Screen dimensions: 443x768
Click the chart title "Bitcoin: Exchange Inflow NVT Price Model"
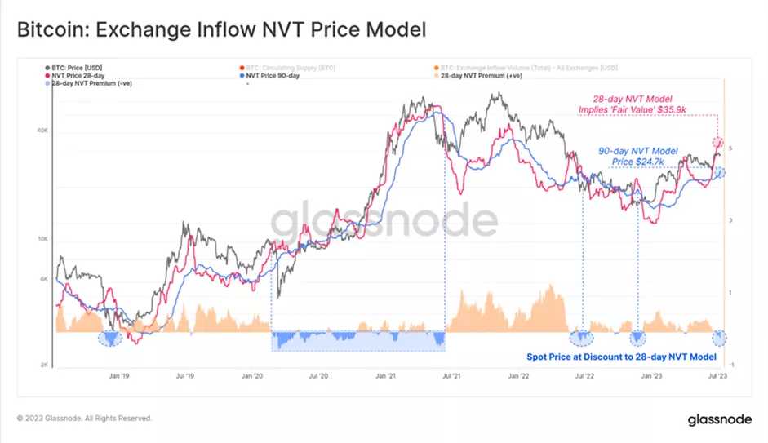pos(221,30)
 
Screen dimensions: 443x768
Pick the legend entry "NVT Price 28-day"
pos(76,76)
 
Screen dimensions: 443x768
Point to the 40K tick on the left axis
pos(44,131)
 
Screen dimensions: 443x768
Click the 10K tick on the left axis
pos(44,239)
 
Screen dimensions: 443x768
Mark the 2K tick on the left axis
pos(45,365)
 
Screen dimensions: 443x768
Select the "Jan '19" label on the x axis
pos(120,377)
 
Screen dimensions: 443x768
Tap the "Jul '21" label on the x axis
pos(449,377)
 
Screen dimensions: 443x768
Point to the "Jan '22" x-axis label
pos(517,377)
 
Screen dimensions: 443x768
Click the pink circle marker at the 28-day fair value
pos(718,143)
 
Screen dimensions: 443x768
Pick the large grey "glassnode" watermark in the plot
pos(384,221)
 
